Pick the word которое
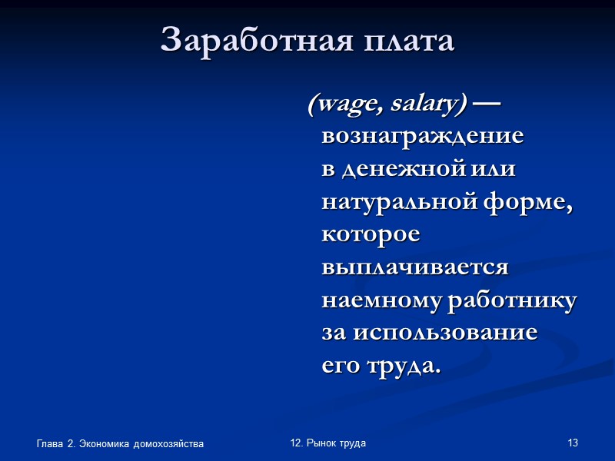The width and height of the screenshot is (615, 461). [x=371, y=235]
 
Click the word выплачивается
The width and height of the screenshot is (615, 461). [x=415, y=268]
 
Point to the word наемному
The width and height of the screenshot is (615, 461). [x=380, y=301]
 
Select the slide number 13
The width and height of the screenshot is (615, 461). [x=572, y=443]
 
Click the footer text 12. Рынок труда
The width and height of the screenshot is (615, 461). [x=328, y=443]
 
